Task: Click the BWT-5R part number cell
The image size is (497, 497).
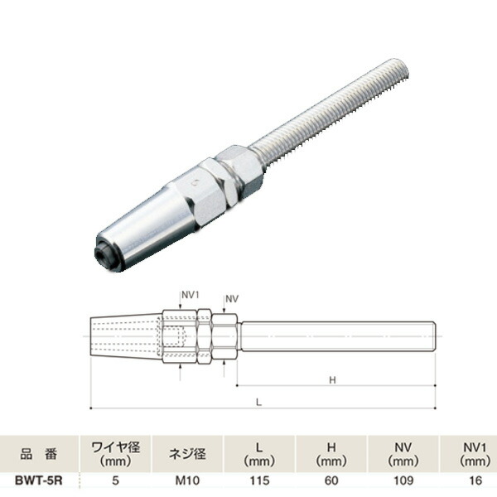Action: point(39,480)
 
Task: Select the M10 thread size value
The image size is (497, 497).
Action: point(187,480)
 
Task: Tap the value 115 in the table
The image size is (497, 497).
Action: point(259,480)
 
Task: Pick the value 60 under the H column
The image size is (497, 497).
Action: point(331,480)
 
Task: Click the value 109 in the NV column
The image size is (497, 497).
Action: point(403,480)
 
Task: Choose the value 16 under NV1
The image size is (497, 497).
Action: point(475,480)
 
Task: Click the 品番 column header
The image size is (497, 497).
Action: point(39,454)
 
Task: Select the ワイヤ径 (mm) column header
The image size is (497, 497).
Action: point(115,454)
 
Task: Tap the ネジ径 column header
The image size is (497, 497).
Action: point(187,454)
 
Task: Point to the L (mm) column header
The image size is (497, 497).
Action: point(259,454)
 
